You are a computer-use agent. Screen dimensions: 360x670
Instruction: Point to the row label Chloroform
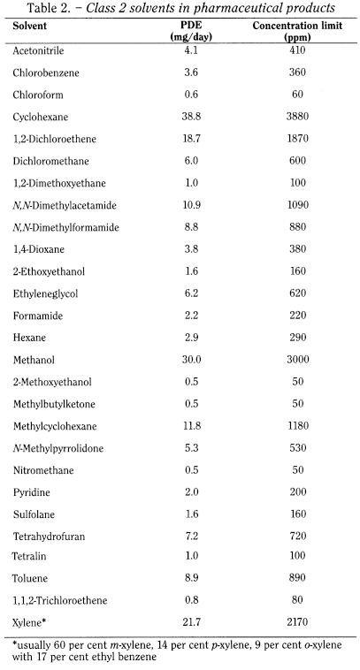(36, 95)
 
